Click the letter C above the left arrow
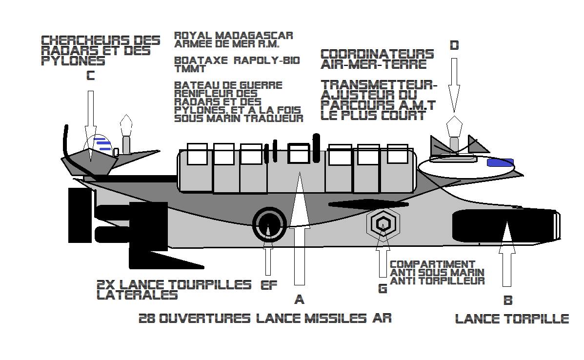[x=90, y=76]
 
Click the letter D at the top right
[x=454, y=45]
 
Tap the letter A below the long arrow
[x=299, y=300]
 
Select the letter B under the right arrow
[x=507, y=300]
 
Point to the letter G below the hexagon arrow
[x=383, y=288]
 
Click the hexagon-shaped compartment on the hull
[x=383, y=223]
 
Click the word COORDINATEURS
[x=377, y=54]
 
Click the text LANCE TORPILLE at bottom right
[x=512, y=319]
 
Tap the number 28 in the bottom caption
[x=147, y=319]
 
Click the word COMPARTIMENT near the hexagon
[x=432, y=264]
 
